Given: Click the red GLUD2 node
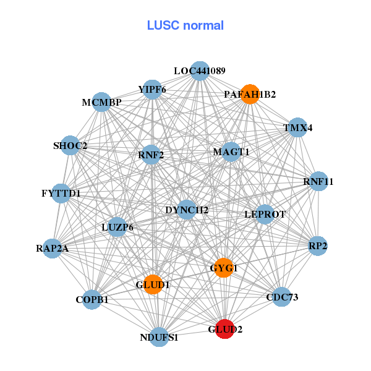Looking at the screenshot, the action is click(223, 330).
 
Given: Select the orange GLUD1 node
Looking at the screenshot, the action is click(153, 284).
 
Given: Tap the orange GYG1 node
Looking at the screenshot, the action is click(223, 268).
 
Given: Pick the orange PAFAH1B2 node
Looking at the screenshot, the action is click(249, 94).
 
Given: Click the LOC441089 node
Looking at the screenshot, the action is click(198, 71).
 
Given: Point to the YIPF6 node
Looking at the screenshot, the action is click(152, 90).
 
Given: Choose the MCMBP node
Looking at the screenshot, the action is click(102, 102).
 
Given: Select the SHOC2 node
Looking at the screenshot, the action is click(70, 146).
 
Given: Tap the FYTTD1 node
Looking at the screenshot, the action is click(61, 194).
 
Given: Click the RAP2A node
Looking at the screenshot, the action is click(53, 249).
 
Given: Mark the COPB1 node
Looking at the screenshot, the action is click(92, 299).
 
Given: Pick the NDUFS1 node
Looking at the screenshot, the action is click(159, 337).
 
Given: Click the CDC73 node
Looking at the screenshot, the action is click(281, 297).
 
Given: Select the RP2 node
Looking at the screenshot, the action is click(317, 246).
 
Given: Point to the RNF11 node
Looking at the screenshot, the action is click(318, 182).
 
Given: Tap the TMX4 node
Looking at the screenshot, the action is click(297, 128).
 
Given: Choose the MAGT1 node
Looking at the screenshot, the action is click(231, 152).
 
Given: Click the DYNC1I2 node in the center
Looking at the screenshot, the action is click(186, 210).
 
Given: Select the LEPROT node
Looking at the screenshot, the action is click(265, 215).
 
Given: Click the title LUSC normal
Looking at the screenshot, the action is click(185, 25).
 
